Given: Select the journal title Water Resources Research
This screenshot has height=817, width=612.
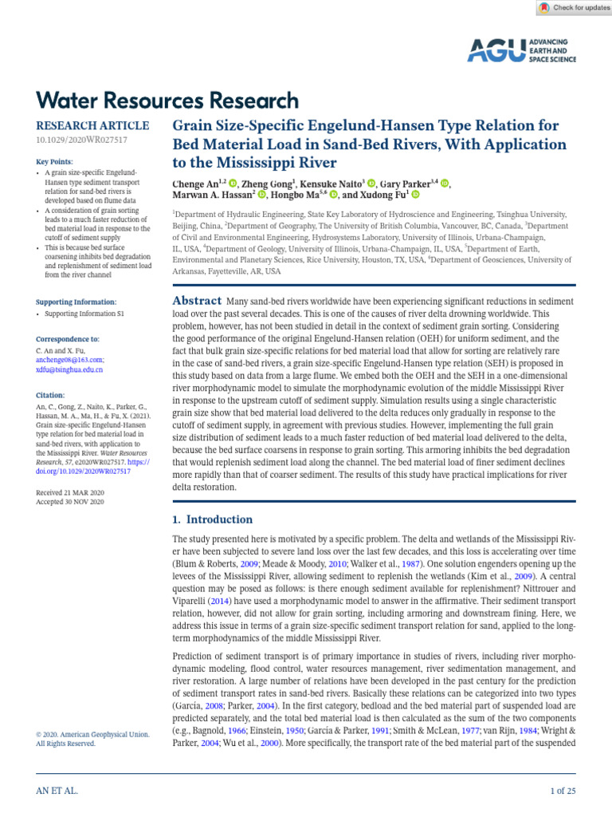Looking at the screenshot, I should click(167, 101).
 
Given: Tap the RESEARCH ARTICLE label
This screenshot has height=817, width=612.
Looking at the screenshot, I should click(92, 126).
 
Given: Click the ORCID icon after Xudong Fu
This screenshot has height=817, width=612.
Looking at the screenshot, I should click(415, 195).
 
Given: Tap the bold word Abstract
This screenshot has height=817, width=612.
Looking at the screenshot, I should click(198, 301).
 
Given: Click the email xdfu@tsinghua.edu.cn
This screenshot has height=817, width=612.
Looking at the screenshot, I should click(69, 370).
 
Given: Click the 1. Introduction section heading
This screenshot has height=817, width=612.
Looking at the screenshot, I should click(213, 519).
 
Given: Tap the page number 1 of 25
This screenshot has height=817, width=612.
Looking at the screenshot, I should click(563, 791).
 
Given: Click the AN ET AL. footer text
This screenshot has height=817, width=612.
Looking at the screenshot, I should click(57, 791).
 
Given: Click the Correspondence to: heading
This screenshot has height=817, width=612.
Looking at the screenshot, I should click(68, 339).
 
